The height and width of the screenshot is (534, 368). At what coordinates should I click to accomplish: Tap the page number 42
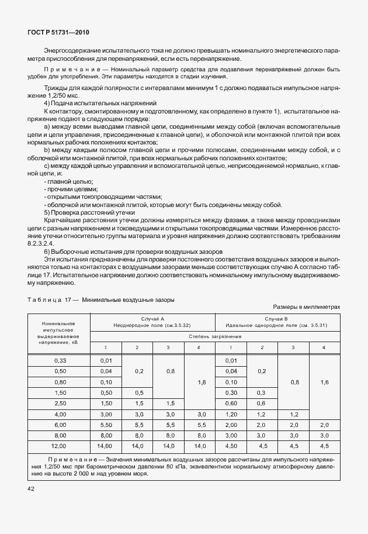[x=29, y=488]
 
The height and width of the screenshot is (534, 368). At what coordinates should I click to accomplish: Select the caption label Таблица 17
[x=51, y=299]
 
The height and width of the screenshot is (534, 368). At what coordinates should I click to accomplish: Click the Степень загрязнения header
[x=214, y=337]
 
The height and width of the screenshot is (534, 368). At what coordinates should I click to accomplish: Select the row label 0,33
[x=60, y=360]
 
